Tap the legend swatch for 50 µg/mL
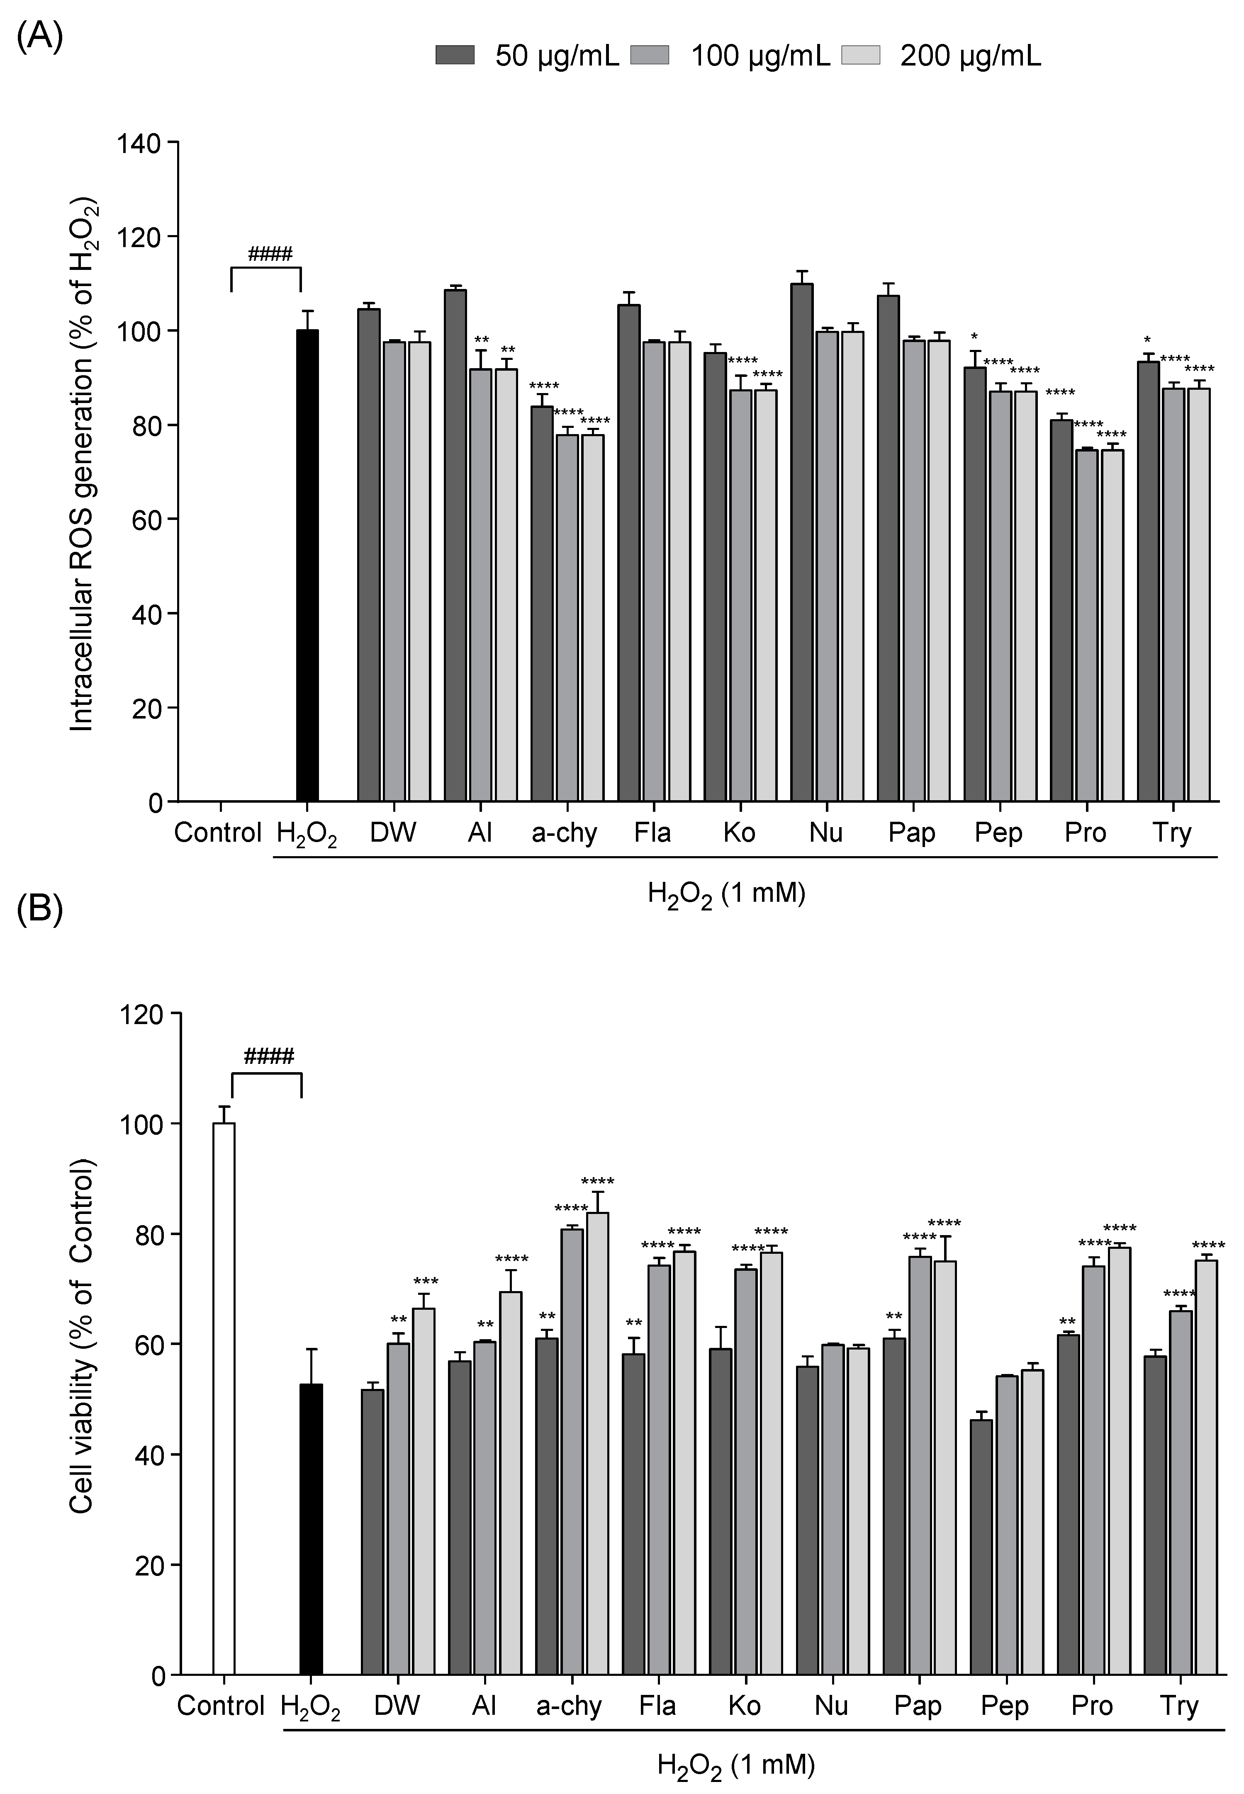455,55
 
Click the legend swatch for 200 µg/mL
860,55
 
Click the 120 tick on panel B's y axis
140,1013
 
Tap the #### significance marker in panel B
268,1056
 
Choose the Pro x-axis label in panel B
1091,1706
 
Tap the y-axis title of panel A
83,467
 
